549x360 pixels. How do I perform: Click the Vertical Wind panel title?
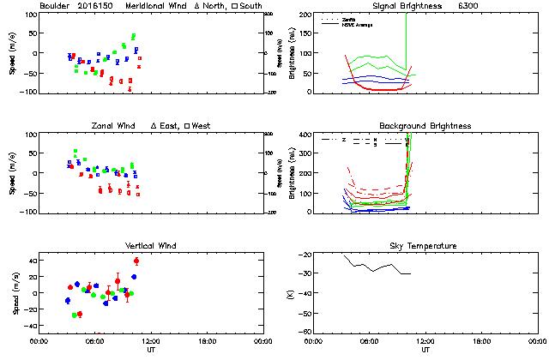149,246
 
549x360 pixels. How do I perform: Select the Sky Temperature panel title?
425,246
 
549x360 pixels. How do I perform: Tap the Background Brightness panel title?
425,126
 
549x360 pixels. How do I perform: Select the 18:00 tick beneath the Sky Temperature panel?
481,341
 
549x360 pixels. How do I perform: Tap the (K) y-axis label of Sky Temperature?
290,294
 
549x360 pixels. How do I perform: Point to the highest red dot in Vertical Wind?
136,261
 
